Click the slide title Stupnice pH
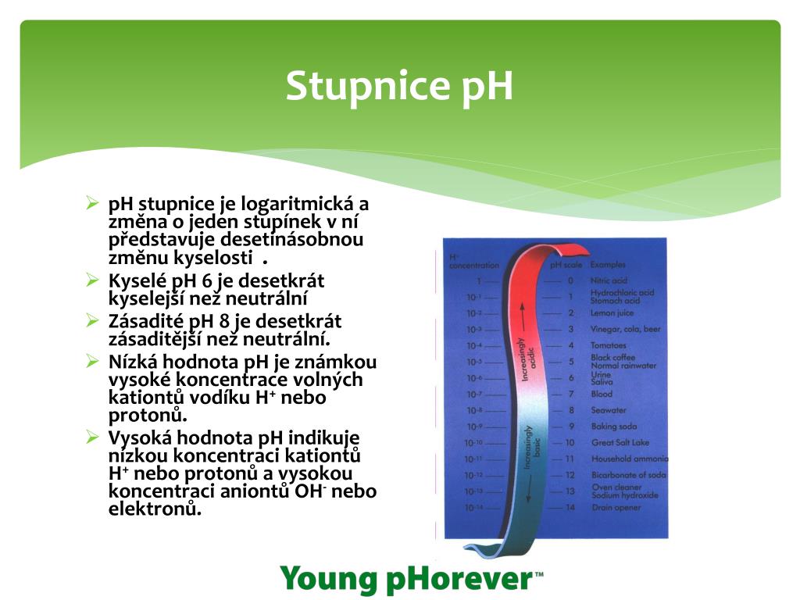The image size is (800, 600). pyautogui.click(x=399, y=86)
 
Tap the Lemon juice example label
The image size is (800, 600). pyautogui.click(x=612, y=313)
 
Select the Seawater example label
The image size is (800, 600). pyautogui.click(x=609, y=410)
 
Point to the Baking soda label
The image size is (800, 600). pyautogui.click(x=613, y=427)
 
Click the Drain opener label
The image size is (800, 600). pyautogui.click(x=616, y=508)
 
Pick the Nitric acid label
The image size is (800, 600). pyautogui.click(x=609, y=280)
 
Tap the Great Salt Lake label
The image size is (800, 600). pyautogui.click(x=620, y=443)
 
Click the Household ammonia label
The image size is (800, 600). pyautogui.click(x=630, y=459)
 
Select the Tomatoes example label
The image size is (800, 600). pyautogui.click(x=609, y=345)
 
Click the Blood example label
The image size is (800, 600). pyautogui.click(x=602, y=395)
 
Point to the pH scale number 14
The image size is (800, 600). pyautogui.click(x=570, y=508)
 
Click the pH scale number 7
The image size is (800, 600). pyautogui.click(x=571, y=395)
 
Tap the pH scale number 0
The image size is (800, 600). pyautogui.click(x=570, y=280)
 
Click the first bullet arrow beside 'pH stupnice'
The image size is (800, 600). pyautogui.click(x=92, y=204)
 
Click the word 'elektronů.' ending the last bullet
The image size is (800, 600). pyautogui.click(x=155, y=509)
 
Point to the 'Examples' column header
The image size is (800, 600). pyautogui.click(x=608, y=266)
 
